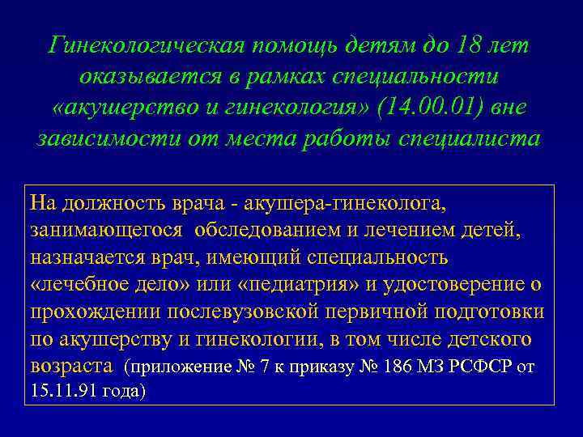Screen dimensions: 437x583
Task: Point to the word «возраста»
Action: (x=70, y=367)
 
